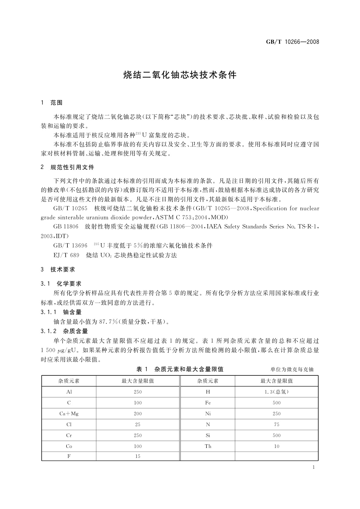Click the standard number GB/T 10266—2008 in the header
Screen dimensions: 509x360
292,42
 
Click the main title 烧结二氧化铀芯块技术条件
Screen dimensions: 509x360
180,75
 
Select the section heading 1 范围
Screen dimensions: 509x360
52,103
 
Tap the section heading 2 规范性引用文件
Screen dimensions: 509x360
67,167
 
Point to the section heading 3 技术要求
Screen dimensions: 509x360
58,269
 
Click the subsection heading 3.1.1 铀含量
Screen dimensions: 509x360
61,312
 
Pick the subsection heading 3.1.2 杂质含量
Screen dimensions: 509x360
64,331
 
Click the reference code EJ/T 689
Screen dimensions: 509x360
66,255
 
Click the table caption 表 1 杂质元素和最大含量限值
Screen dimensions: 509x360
180,369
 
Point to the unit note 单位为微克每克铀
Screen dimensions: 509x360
292,369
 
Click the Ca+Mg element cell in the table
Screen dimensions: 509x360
69,413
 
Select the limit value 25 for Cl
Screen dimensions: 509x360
138,424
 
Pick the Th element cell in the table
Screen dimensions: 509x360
208,446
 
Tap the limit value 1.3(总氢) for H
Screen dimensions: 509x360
277,392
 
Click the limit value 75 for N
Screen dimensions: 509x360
277,424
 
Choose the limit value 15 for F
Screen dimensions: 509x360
138,456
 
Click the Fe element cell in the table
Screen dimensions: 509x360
208,403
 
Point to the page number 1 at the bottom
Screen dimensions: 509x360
313,467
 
